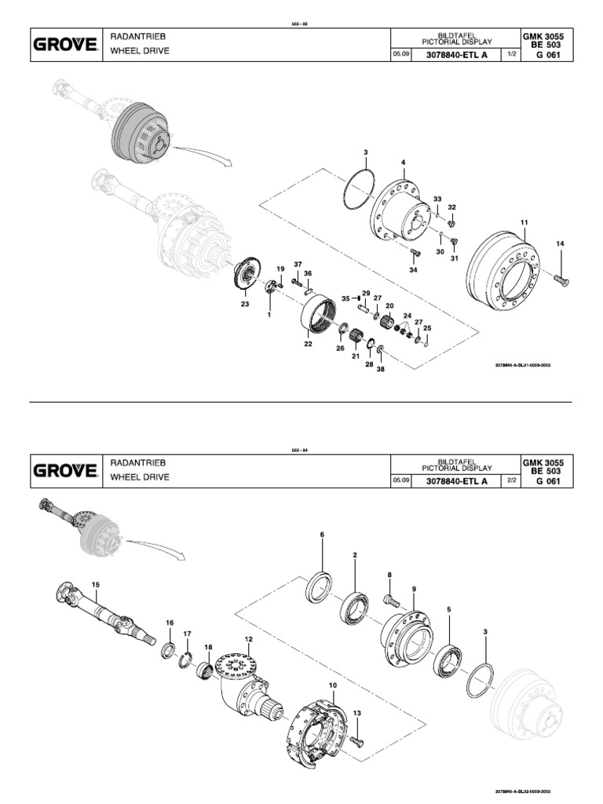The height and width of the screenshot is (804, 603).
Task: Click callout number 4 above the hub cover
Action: pyautogui.click(x=404, y=163)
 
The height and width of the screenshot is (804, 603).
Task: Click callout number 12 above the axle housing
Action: pyautogui.click(x=248, y=639)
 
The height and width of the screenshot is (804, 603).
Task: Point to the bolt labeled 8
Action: pyautogui.click(x=392, y=601)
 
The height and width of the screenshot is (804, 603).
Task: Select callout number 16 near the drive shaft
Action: pyautogui.click(x=169, y=623)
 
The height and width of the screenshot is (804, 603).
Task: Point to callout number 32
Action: pyautogui.click(x=451, y=207)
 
